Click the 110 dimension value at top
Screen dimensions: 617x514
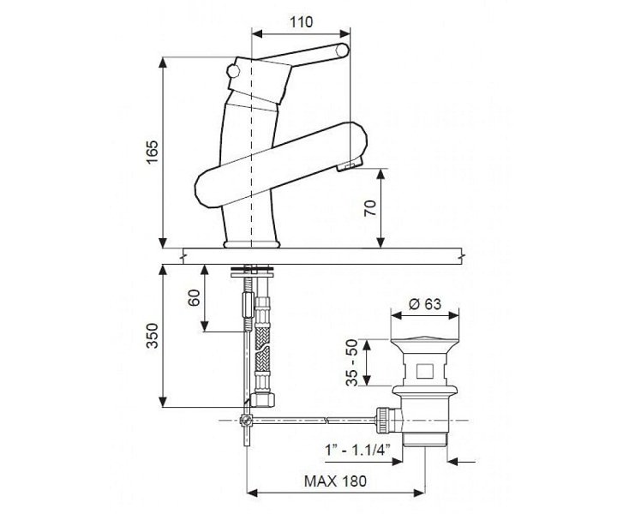click(302, 22)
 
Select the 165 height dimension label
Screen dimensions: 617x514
click(153, 152)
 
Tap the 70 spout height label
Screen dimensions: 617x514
click(370, 208)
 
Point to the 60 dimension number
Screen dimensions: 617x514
click(194, 298)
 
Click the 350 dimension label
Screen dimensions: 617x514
click(152, 336)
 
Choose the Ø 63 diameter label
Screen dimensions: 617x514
click(424, 304)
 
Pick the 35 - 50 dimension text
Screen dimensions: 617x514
click(352, 362)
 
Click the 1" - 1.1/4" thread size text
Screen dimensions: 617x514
click(357, 449)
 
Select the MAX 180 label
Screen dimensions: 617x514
click(335, 481)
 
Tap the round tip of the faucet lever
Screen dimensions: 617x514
click(342, 51)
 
